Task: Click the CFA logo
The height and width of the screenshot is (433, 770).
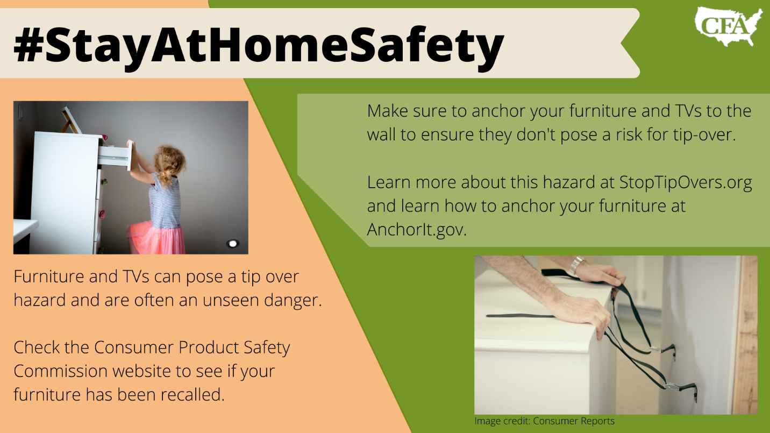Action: coord(729,26)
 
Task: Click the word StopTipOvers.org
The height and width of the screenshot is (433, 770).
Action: coord(686,183)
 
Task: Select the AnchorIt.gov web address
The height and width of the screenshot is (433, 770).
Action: coord(417,230)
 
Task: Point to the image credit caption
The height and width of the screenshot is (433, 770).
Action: coord(545,421)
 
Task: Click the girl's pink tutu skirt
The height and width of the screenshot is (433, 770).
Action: coord(156,237)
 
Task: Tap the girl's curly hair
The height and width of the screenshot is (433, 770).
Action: coord(169,164)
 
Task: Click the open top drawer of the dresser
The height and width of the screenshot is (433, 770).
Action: coord(115,156)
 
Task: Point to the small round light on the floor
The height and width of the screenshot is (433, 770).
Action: coord(233,244)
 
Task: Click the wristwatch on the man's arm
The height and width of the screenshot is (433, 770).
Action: coord(577,265)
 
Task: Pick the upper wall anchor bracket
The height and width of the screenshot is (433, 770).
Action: coord(665,351)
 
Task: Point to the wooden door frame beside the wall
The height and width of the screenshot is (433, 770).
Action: coord(745,335)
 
